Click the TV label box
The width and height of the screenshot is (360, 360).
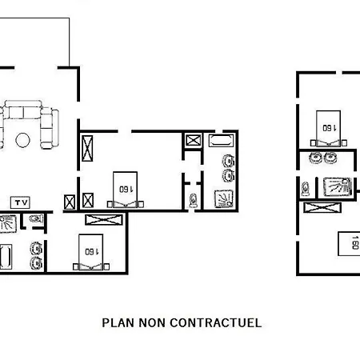(x=20, y=202)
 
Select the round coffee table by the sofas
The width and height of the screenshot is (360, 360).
(x=23, y=140)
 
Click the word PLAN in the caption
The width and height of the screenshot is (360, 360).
(x=118, y=323)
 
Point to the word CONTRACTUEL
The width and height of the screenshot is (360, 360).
(x=216, y=323)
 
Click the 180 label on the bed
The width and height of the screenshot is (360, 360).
(x=355, y=242)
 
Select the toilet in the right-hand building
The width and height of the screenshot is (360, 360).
(x=306, y=189)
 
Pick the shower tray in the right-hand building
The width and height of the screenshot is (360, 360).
(x=338, y=186)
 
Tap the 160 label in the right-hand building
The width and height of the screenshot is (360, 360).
(x=330, y=128)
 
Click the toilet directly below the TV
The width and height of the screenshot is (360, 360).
(x=36, y=219)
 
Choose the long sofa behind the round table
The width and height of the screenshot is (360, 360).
(x=23, y=110)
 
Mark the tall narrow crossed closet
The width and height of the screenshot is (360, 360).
(x=87, y=148)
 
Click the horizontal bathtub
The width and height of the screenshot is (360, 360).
(x=221, y=141)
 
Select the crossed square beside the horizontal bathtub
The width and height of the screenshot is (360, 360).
(x=194, y=140)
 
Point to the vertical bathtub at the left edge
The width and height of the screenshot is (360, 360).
(x=6, y=257)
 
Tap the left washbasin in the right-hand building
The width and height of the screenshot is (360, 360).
(x=316, y=158)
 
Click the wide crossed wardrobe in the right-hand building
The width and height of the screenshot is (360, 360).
(x=322, y=207)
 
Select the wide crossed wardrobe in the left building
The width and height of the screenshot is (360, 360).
(x=104, y=220)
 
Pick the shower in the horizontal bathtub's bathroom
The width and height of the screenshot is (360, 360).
(x=224, y=198)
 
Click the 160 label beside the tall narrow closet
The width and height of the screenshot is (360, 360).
(x=126, y=190)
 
